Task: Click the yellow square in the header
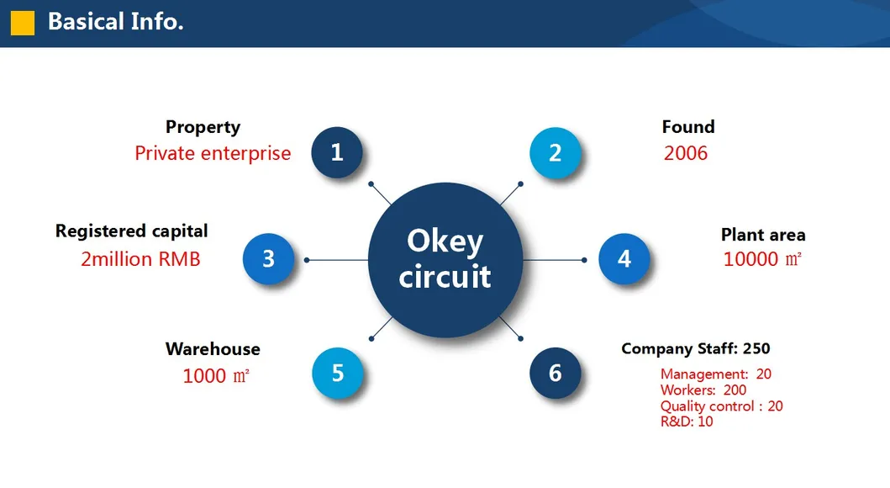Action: tap(23, 24)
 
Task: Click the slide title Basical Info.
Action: tap(116, 22)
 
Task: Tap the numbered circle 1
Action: tap(337, 152)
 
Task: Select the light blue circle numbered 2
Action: tap(556, 153)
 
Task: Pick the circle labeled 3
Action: tap(268, 259)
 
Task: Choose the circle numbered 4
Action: tap(624, 259)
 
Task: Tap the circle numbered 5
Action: tap(338, 374)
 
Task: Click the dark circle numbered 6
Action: tap(556, 374)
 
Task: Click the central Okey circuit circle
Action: tap(445, 260)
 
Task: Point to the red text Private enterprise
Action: tap(213, 153)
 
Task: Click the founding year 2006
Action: tap(686, 153)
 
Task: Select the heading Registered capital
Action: tap(132, 231)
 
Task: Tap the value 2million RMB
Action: tap(140, 259)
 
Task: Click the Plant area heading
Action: tap(763, 235)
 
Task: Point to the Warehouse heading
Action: tap(213, 349)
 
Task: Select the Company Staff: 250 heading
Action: tap(696, 349)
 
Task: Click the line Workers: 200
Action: tap(703, 390)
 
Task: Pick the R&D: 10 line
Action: tap(687, 422)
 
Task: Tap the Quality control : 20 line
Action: tap(721, 406)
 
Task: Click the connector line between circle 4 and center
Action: tap(554, 260)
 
